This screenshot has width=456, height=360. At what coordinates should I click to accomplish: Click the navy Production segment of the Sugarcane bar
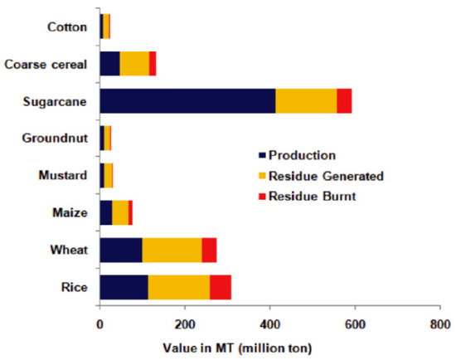point(187,101)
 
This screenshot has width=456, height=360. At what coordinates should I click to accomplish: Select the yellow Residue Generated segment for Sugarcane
point(306,101)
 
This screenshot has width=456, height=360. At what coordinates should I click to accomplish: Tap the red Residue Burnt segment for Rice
point(221,286)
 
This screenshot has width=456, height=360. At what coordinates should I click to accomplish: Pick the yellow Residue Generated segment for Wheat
point(172,249)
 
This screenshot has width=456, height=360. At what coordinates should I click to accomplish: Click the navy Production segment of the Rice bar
point(124,286)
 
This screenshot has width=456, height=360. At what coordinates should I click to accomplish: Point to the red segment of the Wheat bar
point(209,249)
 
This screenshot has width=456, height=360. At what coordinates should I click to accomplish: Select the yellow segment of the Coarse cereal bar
point(134,64)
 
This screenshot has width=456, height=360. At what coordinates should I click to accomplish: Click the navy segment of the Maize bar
point(105,212)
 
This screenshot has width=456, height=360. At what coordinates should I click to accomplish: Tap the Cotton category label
point(67,27)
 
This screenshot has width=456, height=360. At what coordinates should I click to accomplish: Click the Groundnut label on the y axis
point(58,138)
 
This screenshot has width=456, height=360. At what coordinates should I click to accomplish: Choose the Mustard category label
point(65,175)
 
